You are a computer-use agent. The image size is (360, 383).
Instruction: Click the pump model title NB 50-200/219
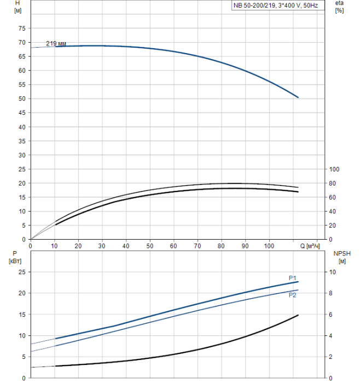pyautogui.click(x=275, y=5)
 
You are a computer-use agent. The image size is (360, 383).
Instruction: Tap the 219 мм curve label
pyautogui.click(x=56, y=43)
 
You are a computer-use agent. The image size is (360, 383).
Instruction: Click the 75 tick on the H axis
pyautogui.click(x=22, y=28)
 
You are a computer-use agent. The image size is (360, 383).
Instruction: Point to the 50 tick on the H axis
pyautogui.click(x=22, y=99)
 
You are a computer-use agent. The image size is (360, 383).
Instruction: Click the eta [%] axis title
pyautogui.click(x=339, y=7)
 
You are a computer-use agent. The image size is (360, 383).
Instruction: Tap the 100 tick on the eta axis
pyautogui.click(x=335, y=169)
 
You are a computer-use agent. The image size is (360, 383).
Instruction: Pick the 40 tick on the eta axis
pyautogui.click(x=333, y=211)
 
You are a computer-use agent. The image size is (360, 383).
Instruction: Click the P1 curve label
pyautogui.click(x=293, y=278)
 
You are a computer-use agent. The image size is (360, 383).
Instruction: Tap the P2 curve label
pyautogui.click(x=293, y=295)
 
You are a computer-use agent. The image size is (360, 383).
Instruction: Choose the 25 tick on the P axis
pyautogui.click(x=22, y=272)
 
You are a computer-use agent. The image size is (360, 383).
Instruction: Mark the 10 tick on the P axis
pyautogui.click(x=22, y=335)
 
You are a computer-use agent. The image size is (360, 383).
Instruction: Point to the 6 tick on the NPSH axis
pyautogui.click(x=332, y=315)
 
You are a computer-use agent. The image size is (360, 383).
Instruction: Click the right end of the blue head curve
pyautogui.click(x=298, y=97)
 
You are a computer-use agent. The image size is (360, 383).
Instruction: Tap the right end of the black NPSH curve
pyautogui.click(x=298, y=315)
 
